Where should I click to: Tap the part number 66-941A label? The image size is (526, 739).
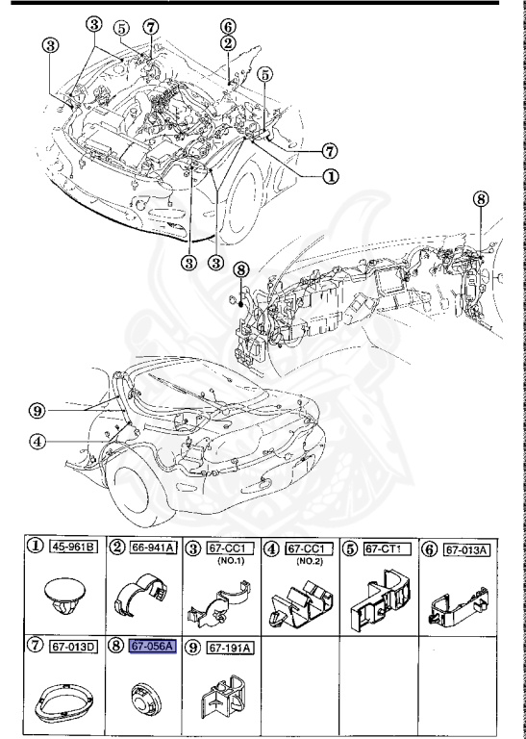[153, 548]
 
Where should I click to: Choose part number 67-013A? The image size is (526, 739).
[470, 548]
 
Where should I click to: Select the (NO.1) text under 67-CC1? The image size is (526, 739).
[228, 561]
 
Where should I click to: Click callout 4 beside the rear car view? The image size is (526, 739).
[37, 444]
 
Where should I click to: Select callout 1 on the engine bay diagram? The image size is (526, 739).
[329, 176]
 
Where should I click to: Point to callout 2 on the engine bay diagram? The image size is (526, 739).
[227, 43]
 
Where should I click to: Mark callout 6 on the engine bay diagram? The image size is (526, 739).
[227, 26]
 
